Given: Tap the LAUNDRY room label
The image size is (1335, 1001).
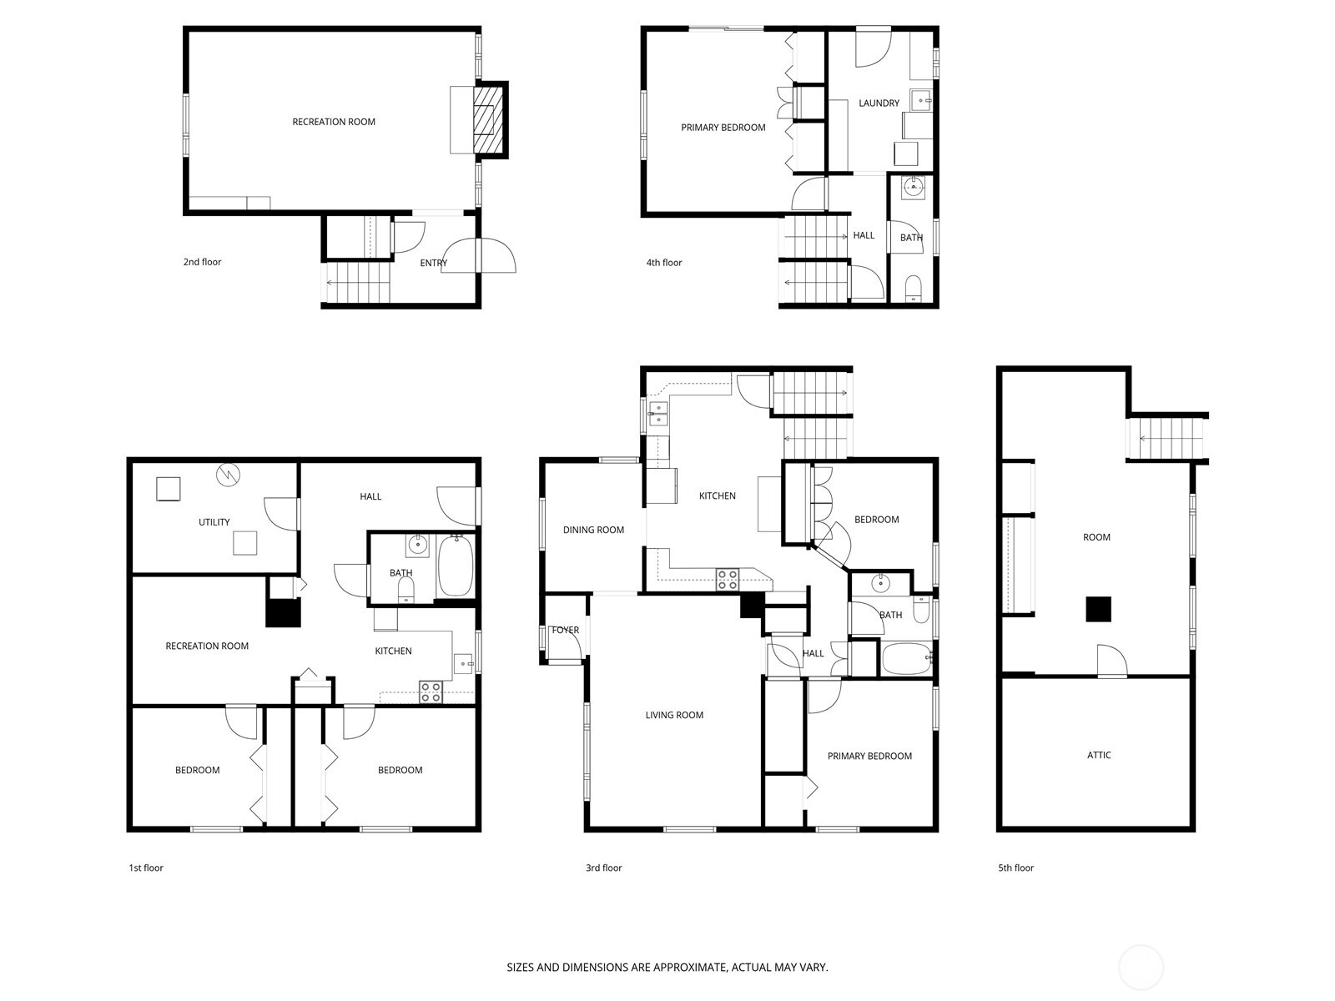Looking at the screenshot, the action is (879, 103).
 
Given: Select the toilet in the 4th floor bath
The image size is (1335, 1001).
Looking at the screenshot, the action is (913, 288).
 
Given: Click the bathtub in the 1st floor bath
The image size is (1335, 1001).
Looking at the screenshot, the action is (455, 566).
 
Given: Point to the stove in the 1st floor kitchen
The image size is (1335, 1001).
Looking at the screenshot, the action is (431, 692).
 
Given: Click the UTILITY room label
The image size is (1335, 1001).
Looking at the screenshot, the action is (214, 522).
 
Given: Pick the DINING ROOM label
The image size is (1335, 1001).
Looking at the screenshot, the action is (593, 530).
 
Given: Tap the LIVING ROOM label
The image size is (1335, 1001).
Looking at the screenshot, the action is (674, 716).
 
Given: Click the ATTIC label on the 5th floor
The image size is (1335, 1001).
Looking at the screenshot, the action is (1098, 755).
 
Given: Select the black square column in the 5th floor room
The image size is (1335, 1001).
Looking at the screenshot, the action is (1098, 609).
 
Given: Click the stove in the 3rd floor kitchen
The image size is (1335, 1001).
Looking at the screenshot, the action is (727, 579).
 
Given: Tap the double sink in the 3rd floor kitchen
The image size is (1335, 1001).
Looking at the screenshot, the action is (658, 413).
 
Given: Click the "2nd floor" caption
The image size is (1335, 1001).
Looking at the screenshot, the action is (202, 262).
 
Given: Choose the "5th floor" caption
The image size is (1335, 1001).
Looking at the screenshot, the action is (1015, 868).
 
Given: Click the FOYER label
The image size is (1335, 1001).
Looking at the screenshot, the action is (565, 631).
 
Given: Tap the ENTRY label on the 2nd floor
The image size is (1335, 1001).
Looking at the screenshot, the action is (433, 263).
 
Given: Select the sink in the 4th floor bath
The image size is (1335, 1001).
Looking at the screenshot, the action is (913, 187).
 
